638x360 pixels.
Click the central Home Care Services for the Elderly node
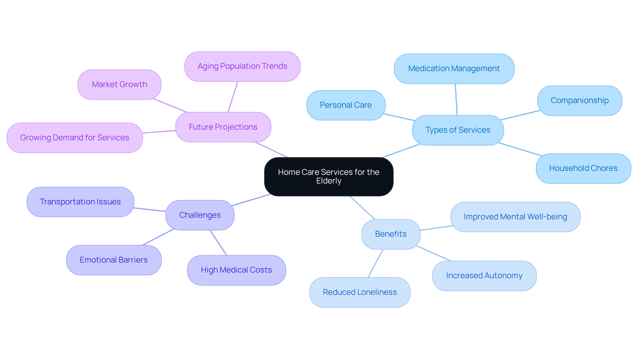coord(329,177)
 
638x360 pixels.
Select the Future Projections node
coord(223,127)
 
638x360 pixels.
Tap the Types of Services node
coord(458,130)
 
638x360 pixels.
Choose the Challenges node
coord(200,215)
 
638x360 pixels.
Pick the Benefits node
coord(390,234)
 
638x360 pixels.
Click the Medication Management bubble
coord(454,68)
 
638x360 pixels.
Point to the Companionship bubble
coord(579,100)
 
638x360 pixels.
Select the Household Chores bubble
coord(583,168)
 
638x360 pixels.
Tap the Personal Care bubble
coord(346,105)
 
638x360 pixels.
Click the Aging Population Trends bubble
coord(242,66)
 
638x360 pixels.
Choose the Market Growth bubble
coord(119,84)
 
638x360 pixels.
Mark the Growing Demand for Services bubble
coord(74,138)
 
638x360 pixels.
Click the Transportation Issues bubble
coord(80,202)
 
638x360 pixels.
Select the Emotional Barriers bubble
coord(114,260)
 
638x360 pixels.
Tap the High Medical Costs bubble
coord(236,270)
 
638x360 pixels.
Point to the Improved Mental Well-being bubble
coord(515,217)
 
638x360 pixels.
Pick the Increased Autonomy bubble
coord(484,276)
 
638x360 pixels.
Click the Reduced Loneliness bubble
coord(360,292)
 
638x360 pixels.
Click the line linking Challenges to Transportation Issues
coord(150,210)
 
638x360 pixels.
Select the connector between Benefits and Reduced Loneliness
coord(375,263)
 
